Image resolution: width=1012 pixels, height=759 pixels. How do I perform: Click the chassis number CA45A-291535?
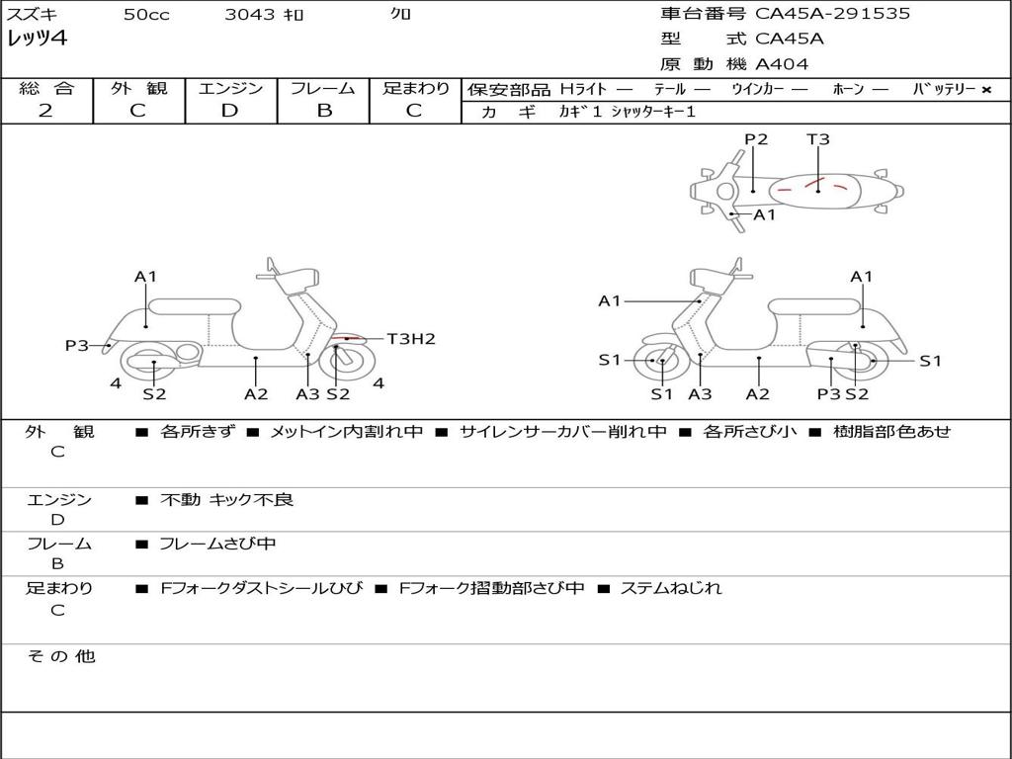click(x=832, y=14)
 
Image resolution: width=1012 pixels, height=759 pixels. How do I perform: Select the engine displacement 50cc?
click(x=145, y=15)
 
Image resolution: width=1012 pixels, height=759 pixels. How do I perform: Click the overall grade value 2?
click(x=45, y=111)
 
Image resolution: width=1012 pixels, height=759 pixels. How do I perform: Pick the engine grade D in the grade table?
click(x=229, y=111)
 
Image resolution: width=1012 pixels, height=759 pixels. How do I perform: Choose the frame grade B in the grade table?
click(x=323, y=111)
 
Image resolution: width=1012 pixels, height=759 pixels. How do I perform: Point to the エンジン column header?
click(x=230, y=89)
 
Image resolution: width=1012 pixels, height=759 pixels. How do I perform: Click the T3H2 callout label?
click(x=410, y=339)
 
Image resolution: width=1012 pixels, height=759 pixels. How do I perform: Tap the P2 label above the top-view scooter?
click(x=756, y=139)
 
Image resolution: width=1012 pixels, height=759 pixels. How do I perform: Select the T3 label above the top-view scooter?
click(x=818, y=139)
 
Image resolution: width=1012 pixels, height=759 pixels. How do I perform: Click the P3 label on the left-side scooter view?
click(x=77, y=345)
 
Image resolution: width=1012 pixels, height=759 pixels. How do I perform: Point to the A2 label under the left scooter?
click(x=256, y=393)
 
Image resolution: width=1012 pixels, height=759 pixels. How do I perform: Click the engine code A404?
click(x=782, y=64)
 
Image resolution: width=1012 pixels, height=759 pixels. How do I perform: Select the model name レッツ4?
click(x=38, y=39)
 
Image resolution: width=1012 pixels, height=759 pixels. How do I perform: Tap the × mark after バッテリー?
click(x=985, y=90)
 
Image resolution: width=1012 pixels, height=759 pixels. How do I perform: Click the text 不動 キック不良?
click(x=226, y=500)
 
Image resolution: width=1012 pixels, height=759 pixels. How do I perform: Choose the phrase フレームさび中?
click(x=217, y=544)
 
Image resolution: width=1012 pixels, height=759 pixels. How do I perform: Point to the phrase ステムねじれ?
click(x=670, y=588)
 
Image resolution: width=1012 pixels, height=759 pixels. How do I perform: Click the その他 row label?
click(x=60, y=656)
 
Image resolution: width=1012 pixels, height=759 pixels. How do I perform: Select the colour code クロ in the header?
click(x=400, y=15)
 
